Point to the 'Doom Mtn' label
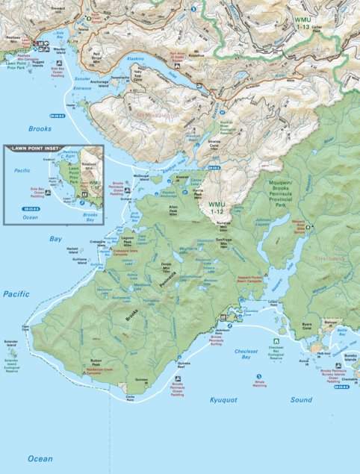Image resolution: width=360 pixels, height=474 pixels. [166, 265]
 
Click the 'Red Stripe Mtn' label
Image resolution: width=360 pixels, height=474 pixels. [96, 57]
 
